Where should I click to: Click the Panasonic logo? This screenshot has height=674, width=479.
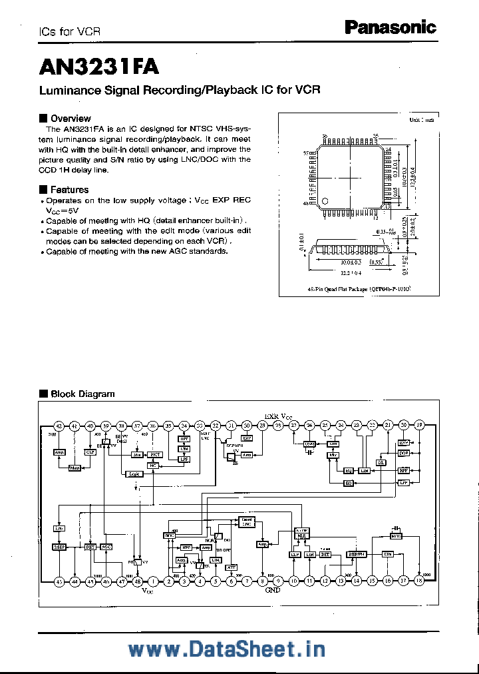click(x=390, y=27)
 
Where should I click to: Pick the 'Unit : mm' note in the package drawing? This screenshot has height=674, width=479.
click(x=420, y=121)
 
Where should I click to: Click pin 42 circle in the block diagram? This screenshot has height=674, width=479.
click(x=59, y=426)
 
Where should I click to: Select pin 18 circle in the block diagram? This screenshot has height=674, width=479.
click(x=419, y=581)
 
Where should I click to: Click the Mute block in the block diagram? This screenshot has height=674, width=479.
click(x=397, y=535)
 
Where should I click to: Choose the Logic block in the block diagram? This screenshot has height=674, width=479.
click(x=134, y=474)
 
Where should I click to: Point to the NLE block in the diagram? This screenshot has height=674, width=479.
click(x=301, y=534)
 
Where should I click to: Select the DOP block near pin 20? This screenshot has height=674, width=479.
click(x=403, y=453)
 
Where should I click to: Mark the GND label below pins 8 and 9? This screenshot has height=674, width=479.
click(x=273, y=590)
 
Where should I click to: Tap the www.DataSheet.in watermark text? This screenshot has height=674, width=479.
click(x=239, y=648)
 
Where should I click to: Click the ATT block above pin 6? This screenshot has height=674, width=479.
click(x=232, y=567)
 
